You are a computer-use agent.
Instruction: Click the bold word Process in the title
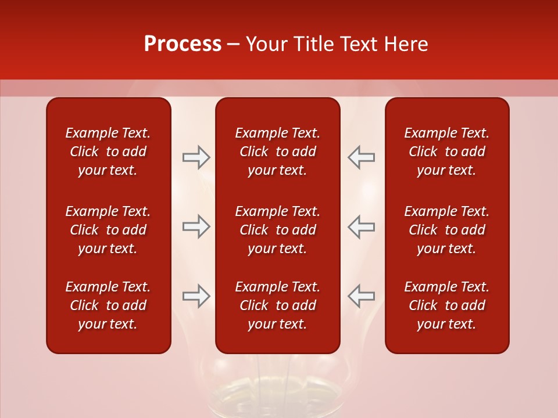pyautogui.click(x=183, y=44)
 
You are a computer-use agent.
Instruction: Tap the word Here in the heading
pyautogui.click(x=405, y=44)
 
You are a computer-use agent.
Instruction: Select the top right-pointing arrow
pyautogui.click(x=196, y=157)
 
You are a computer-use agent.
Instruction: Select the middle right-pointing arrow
pyautogui.click(x=196, y=226)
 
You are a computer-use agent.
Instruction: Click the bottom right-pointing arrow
pyautogui.click(x=196, y=296)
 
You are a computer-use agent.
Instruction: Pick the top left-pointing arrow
pyautogui.click(x=361, y=157)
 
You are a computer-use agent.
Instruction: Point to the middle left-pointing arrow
pyautogui.click(x=361, y=226)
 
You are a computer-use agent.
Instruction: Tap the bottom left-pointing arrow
pyautogui.click(x=361, y=296)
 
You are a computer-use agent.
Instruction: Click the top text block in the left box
pyautogui.click(x=108, y=152)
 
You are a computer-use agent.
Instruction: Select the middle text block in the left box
pyautogui.click(x=108, y=230)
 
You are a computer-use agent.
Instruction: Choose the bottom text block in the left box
pyautogui.click(x=108, y=305)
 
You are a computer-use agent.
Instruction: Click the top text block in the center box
pyautogui.click(x=277, y=152)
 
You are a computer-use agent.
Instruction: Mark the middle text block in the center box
pyautogui.click(x=277, y=230)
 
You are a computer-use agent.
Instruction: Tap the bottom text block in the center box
pyautogui.click(x=277, y=305)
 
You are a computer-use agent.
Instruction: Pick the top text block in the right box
pyautogui.click(x=446, y=152)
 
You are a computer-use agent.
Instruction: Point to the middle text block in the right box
pyautogui.click(x=446, y=230)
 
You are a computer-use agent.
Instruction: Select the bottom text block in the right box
pyautogui.click(x=446, y=305)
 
